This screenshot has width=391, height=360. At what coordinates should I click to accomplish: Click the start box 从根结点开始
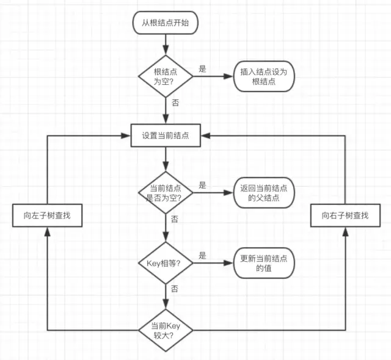click(166, 23)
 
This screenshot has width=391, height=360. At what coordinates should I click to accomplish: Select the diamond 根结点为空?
click(166, 76)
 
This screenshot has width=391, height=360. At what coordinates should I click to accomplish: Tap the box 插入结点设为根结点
click(263, 76)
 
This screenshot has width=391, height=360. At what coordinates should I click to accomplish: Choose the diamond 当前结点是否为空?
click(166, 193)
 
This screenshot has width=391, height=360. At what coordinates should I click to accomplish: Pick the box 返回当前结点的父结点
click(263, 193)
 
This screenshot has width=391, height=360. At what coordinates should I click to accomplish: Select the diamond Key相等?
click(166, 263)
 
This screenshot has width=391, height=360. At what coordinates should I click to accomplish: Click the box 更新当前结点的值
click(263, 263)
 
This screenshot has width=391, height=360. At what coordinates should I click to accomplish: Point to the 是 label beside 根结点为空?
click(202, 69)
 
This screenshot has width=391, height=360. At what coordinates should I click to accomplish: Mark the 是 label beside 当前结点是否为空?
click(202, 185)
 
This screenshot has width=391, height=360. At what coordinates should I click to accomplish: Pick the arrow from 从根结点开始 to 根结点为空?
click(166, 44)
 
